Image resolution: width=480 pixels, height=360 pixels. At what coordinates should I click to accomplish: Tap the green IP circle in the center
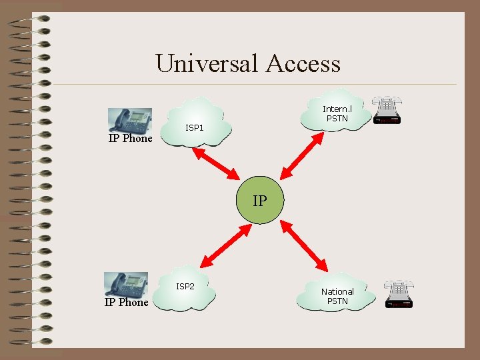260,199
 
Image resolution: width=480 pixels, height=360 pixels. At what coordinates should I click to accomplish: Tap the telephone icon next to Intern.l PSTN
387,111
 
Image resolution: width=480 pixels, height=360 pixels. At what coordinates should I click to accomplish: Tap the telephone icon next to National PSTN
398,293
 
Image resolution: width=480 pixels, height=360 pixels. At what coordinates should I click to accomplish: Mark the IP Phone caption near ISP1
131,139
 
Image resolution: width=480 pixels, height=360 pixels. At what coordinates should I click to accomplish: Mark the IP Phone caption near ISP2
127,302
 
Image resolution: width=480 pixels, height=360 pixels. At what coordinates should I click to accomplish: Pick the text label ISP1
195,127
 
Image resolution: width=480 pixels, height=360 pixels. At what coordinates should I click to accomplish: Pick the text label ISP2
185,286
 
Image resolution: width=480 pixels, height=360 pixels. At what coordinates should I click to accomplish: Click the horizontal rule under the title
253,85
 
